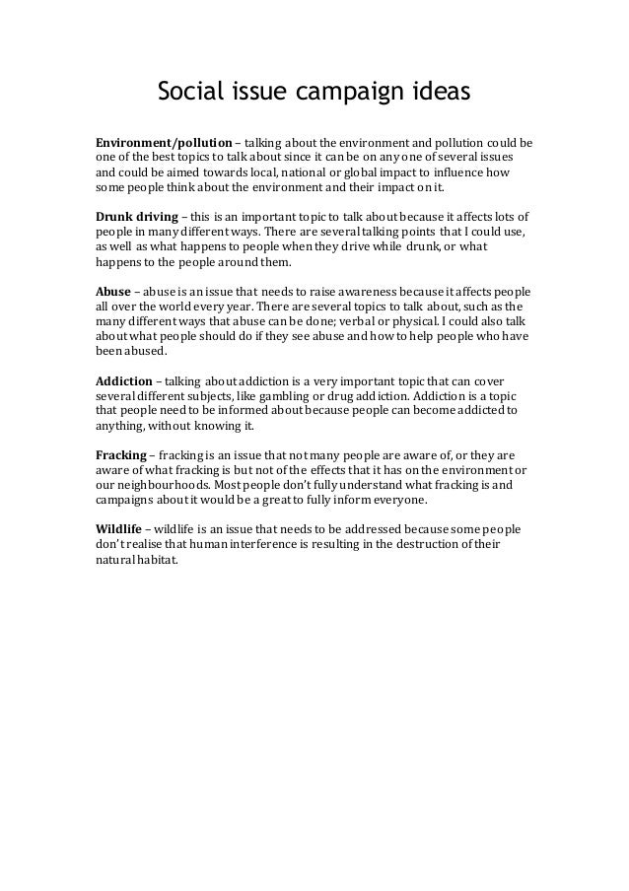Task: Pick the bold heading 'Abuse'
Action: click(112, 293)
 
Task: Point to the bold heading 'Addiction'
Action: click(124, 380)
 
